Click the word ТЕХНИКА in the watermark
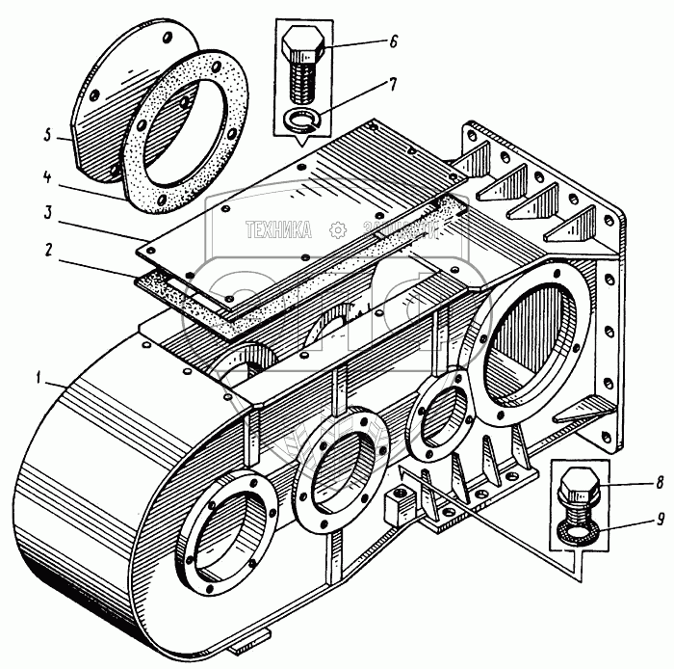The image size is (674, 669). click(x=278, y=230)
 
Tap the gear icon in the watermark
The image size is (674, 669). click(x=337, y=230)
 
